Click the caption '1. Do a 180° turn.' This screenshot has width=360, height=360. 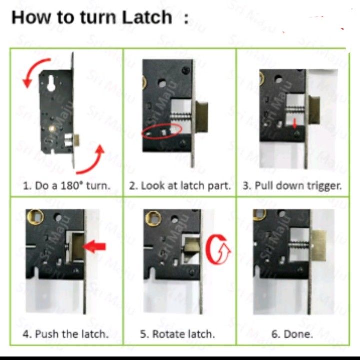point(67,186)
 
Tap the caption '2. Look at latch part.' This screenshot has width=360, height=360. point(180,186)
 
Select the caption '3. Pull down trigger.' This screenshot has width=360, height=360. point(292,186)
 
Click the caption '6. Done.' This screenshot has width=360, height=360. point(292,334)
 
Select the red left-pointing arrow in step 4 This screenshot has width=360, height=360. point(95,246)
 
